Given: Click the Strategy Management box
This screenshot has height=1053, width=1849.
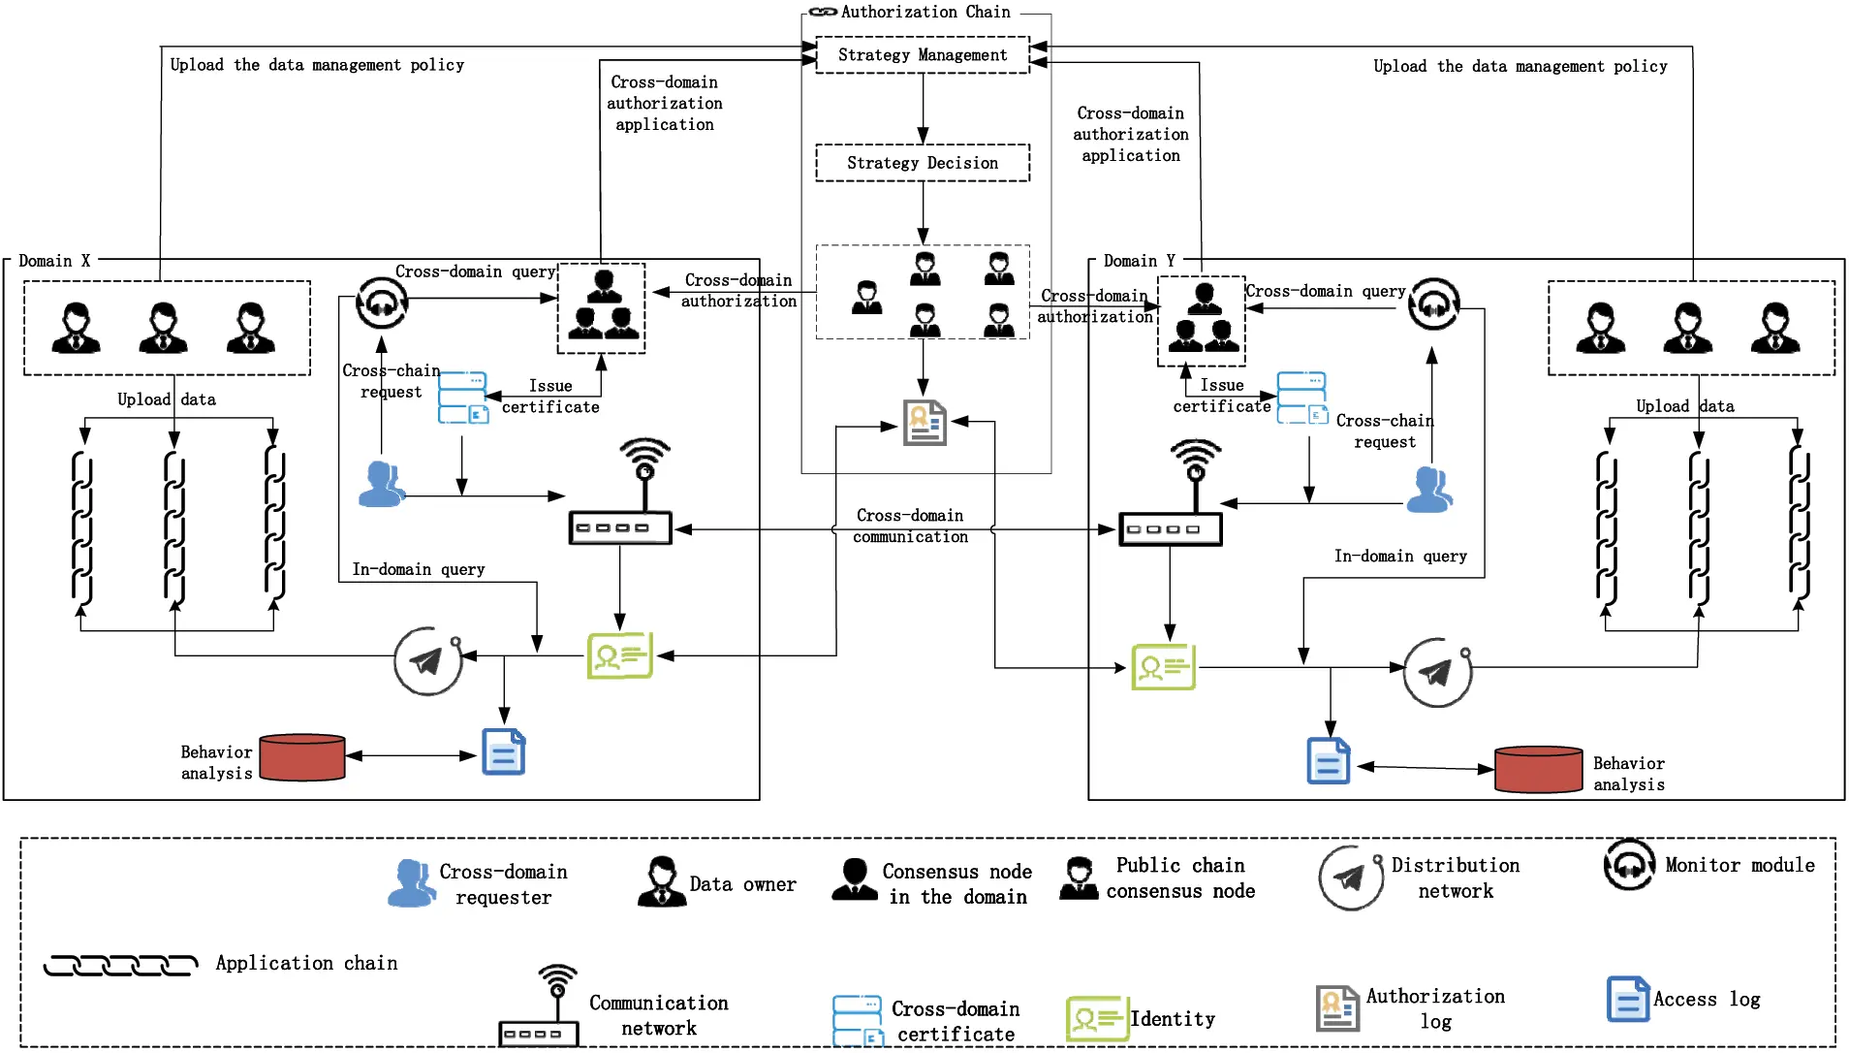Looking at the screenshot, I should (922, 55).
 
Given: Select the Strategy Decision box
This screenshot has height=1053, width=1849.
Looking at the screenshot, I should (922, 163).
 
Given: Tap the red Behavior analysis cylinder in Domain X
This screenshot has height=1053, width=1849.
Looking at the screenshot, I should (302, 757).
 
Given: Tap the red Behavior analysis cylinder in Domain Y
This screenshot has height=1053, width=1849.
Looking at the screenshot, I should (1538, 769).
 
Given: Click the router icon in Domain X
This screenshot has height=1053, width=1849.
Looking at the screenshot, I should (620, 526).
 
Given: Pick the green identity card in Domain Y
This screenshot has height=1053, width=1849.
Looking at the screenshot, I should (1163, 667).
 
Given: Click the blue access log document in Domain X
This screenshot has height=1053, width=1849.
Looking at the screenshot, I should (504, 752).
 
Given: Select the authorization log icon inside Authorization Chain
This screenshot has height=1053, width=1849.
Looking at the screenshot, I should (924, 423).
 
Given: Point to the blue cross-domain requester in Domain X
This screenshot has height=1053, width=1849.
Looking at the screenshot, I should (381, 485).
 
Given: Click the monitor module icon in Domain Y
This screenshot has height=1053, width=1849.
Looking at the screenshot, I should (1433, 304).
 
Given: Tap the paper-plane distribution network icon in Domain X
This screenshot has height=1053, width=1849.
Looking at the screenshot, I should (427, 661).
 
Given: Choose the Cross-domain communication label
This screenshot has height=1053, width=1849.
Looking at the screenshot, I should (910, 526).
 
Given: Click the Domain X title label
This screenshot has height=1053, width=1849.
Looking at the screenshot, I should (54, 261).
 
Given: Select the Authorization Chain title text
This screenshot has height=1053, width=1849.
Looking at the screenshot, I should (924, 12).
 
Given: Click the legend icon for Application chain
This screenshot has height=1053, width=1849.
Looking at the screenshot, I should (120, 965).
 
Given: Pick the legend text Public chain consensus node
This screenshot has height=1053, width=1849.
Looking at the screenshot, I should (1180, 877).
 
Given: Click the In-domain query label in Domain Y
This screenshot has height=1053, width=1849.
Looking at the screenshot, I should (1399, 556).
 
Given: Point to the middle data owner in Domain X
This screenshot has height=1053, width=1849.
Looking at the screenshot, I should (163, 328).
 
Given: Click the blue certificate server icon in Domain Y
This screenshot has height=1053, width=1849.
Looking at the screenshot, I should (1301, 398).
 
